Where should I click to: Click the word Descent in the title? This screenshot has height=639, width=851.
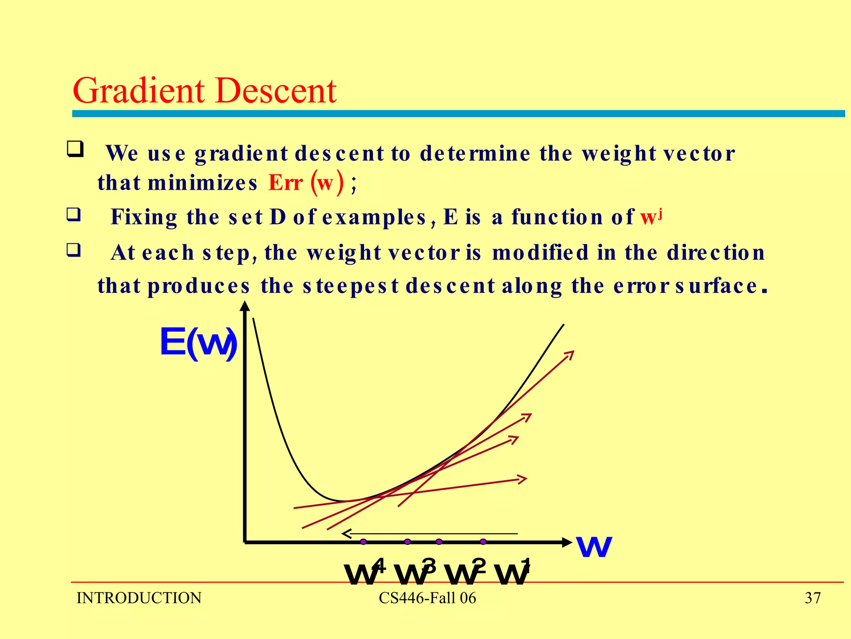click(276, 91)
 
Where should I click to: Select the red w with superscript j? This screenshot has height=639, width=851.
click(651, 217)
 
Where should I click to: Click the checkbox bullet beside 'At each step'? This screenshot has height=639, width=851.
click(74, 250)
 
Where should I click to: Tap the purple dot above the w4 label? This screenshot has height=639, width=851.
click(364, 542)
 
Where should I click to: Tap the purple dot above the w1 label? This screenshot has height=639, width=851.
click(483, 542)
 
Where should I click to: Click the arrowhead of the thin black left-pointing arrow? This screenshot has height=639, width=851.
click(345, 533)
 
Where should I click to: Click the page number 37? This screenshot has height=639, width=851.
click(812, 598)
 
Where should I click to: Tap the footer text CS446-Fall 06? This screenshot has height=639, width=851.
click(427, 598)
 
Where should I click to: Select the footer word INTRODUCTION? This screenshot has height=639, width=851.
click(139, 598)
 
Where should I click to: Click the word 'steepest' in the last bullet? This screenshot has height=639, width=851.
click(351, 286)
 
